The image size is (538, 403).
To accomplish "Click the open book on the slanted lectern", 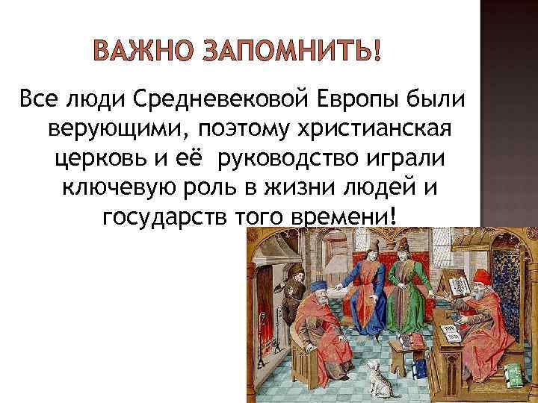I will click(457, 288).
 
